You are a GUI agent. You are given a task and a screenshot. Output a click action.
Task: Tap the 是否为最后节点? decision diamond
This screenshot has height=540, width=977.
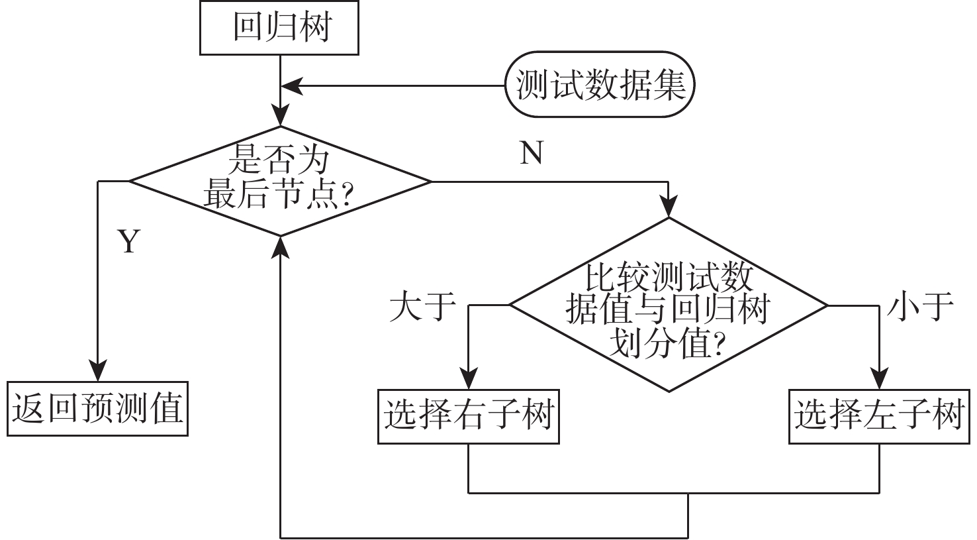coord(280,180)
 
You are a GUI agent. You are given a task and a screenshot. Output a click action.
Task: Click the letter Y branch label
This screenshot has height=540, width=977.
coord(129,243)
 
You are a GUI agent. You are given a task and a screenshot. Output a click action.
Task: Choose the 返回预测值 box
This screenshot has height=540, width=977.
coord(97,408)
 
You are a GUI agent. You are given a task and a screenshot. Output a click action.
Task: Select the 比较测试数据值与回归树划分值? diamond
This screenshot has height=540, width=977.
coord(669,305)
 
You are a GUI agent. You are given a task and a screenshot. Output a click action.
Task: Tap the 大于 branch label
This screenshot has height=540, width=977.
coord(422,307)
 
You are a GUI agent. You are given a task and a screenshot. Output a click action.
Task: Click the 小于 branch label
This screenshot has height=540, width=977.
coord(920,307)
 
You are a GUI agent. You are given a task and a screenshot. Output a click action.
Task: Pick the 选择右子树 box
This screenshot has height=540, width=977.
coord(469,416)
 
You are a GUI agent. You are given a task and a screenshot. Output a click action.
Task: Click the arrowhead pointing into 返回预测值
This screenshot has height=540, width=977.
coord(98,371)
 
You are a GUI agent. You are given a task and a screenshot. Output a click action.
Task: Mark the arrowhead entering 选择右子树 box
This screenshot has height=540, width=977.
coord(469,380)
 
